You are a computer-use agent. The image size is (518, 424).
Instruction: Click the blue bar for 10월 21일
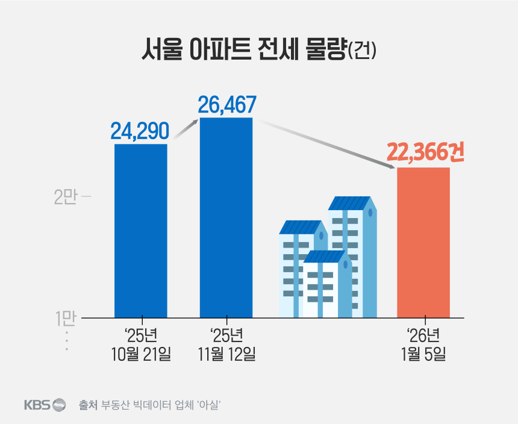[141, 230]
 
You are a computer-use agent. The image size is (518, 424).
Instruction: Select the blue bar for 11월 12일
[226, 217]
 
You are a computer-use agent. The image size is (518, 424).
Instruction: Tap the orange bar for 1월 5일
[423, 242]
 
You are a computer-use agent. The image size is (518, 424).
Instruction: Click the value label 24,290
[139, 131]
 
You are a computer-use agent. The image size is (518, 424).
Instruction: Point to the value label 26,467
[227, 104]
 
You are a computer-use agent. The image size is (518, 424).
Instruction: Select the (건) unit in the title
[362, 51]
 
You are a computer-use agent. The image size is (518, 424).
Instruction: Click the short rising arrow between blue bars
[186, 129]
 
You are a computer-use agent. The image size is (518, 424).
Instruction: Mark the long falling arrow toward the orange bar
[325, 143]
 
